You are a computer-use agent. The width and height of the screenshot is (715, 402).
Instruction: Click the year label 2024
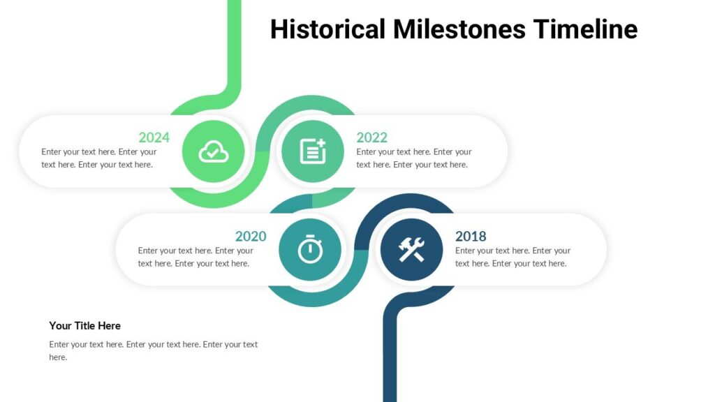154,137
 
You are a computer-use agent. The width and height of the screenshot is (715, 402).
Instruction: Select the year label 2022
371,137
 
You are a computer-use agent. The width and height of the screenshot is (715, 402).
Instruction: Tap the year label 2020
250,237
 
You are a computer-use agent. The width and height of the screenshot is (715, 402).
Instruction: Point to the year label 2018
471,237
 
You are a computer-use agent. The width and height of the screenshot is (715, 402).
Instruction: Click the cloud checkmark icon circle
214,151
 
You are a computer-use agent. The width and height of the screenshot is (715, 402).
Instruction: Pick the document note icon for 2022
312,151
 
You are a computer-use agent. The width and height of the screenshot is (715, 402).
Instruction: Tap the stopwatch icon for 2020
310,250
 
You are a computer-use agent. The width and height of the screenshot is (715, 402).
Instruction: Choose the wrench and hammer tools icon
411,250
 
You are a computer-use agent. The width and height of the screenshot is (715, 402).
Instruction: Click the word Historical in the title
327,29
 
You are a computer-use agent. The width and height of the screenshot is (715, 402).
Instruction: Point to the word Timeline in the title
585,29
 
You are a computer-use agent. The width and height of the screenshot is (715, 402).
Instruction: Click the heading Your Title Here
84,326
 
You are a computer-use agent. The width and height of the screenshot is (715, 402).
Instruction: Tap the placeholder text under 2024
98,158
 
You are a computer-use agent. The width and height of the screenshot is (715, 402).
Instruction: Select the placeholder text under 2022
413,158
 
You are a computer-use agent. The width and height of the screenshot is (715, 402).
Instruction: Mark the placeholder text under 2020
195,257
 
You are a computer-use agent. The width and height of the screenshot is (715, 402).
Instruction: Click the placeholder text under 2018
513,257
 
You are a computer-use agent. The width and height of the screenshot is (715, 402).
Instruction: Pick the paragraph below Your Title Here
153,350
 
